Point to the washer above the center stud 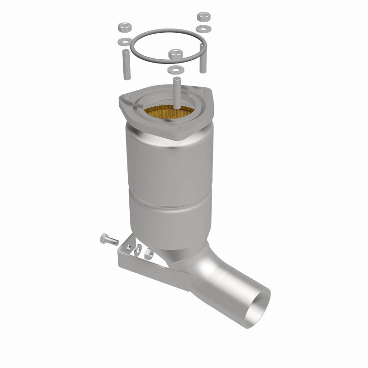tap(174, 69)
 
